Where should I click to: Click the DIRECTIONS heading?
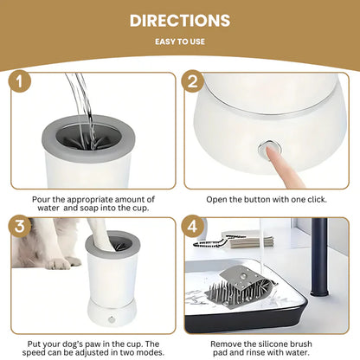pos(180,21)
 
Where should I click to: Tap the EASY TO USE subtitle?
pos(180,42)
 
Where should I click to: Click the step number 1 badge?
pos(20,81)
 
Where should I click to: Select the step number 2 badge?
pos(192,81)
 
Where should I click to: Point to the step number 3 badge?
pos(20,226)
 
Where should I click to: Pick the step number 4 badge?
pos(192,226)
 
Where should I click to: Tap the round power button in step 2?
pos(269,148)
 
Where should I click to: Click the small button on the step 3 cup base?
pos(112,319)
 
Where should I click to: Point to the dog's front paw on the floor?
pos(59,263)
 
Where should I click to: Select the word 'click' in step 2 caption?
pos(317,200)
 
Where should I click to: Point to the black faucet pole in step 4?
pos(319,257)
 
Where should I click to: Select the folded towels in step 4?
pos(247,240)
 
